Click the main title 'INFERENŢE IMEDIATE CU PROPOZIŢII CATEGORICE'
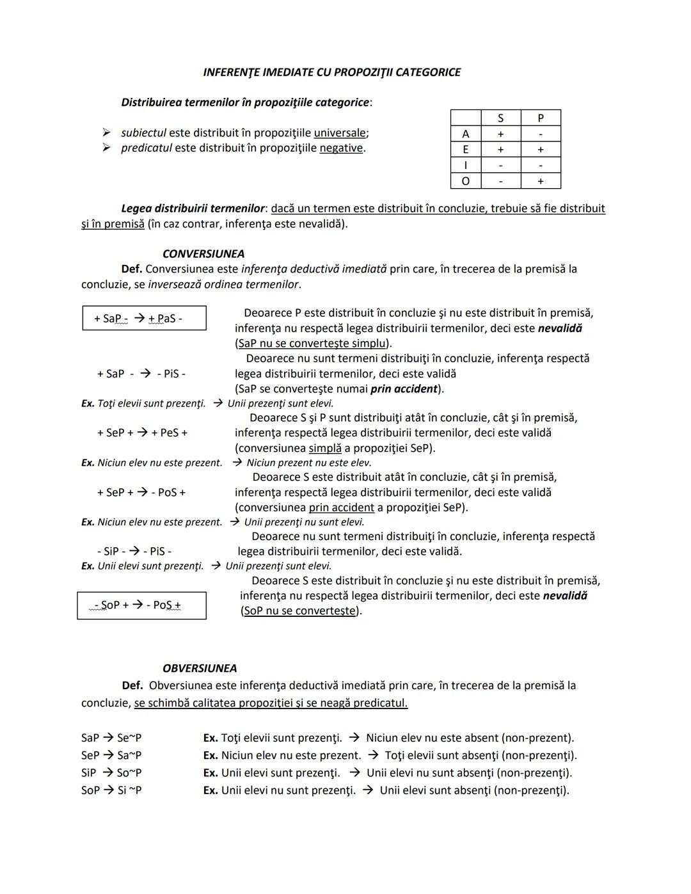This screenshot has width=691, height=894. point(331,72)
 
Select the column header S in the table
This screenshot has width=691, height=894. point(500,118)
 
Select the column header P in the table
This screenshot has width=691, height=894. point(541,118)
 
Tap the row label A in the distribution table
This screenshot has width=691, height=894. point(465,134)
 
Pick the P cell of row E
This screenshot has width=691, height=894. point(541,150)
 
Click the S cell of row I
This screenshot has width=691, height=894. point(500,165)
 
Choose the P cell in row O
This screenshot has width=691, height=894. point(541,181)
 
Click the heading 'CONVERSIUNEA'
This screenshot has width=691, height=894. point(203,254)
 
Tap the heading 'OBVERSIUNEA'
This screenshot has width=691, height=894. point(200,669)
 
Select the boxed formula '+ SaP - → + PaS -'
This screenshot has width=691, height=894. point(144,318)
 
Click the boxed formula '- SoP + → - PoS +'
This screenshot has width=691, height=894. point(141,605)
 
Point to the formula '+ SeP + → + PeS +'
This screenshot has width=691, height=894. point(142,433)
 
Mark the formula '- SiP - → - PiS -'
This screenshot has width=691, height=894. point(134,552)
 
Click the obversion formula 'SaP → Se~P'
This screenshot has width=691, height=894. point(111,738)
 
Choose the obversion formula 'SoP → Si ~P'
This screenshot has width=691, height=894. point(111,790)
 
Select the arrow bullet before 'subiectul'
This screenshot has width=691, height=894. point(106,133)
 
